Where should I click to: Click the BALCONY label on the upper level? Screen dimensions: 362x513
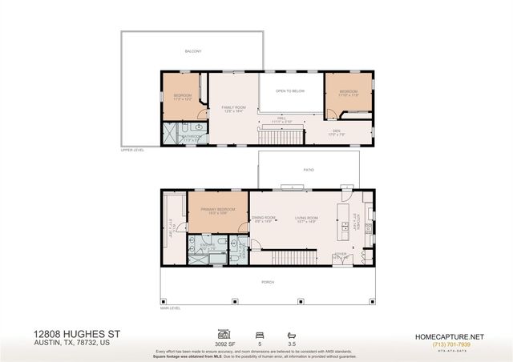click(x=192, y=51)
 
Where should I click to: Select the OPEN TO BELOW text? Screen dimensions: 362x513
click(x=291, y=91)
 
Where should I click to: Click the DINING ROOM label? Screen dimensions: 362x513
click(x=264, y=218)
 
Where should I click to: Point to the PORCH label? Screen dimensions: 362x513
click(x=267, y=282)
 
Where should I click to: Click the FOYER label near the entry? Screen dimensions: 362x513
click(x=341, y=254)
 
